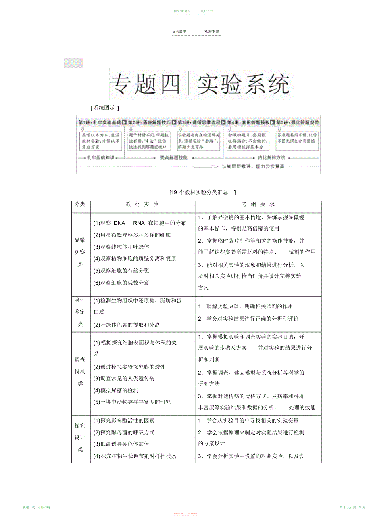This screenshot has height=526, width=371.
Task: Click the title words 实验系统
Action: (243, 84)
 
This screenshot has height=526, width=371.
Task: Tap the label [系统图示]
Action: (104, 108)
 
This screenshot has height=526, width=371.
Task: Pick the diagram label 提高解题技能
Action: (174, 157)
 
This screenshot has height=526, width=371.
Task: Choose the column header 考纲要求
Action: (258, 205)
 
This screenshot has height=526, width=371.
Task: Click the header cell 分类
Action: (80, 205)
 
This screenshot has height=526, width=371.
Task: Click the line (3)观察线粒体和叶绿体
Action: (121, 247)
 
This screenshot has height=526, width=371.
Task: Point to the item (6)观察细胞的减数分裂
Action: (121, 283)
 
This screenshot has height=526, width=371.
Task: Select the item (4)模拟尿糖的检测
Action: (116, 390)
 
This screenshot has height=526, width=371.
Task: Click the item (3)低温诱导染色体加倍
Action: (121, 444)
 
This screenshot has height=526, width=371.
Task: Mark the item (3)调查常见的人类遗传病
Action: (124, 379)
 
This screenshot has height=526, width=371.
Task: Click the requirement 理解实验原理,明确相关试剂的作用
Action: (245, 306)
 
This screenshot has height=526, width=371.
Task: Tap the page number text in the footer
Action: (352, 507)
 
